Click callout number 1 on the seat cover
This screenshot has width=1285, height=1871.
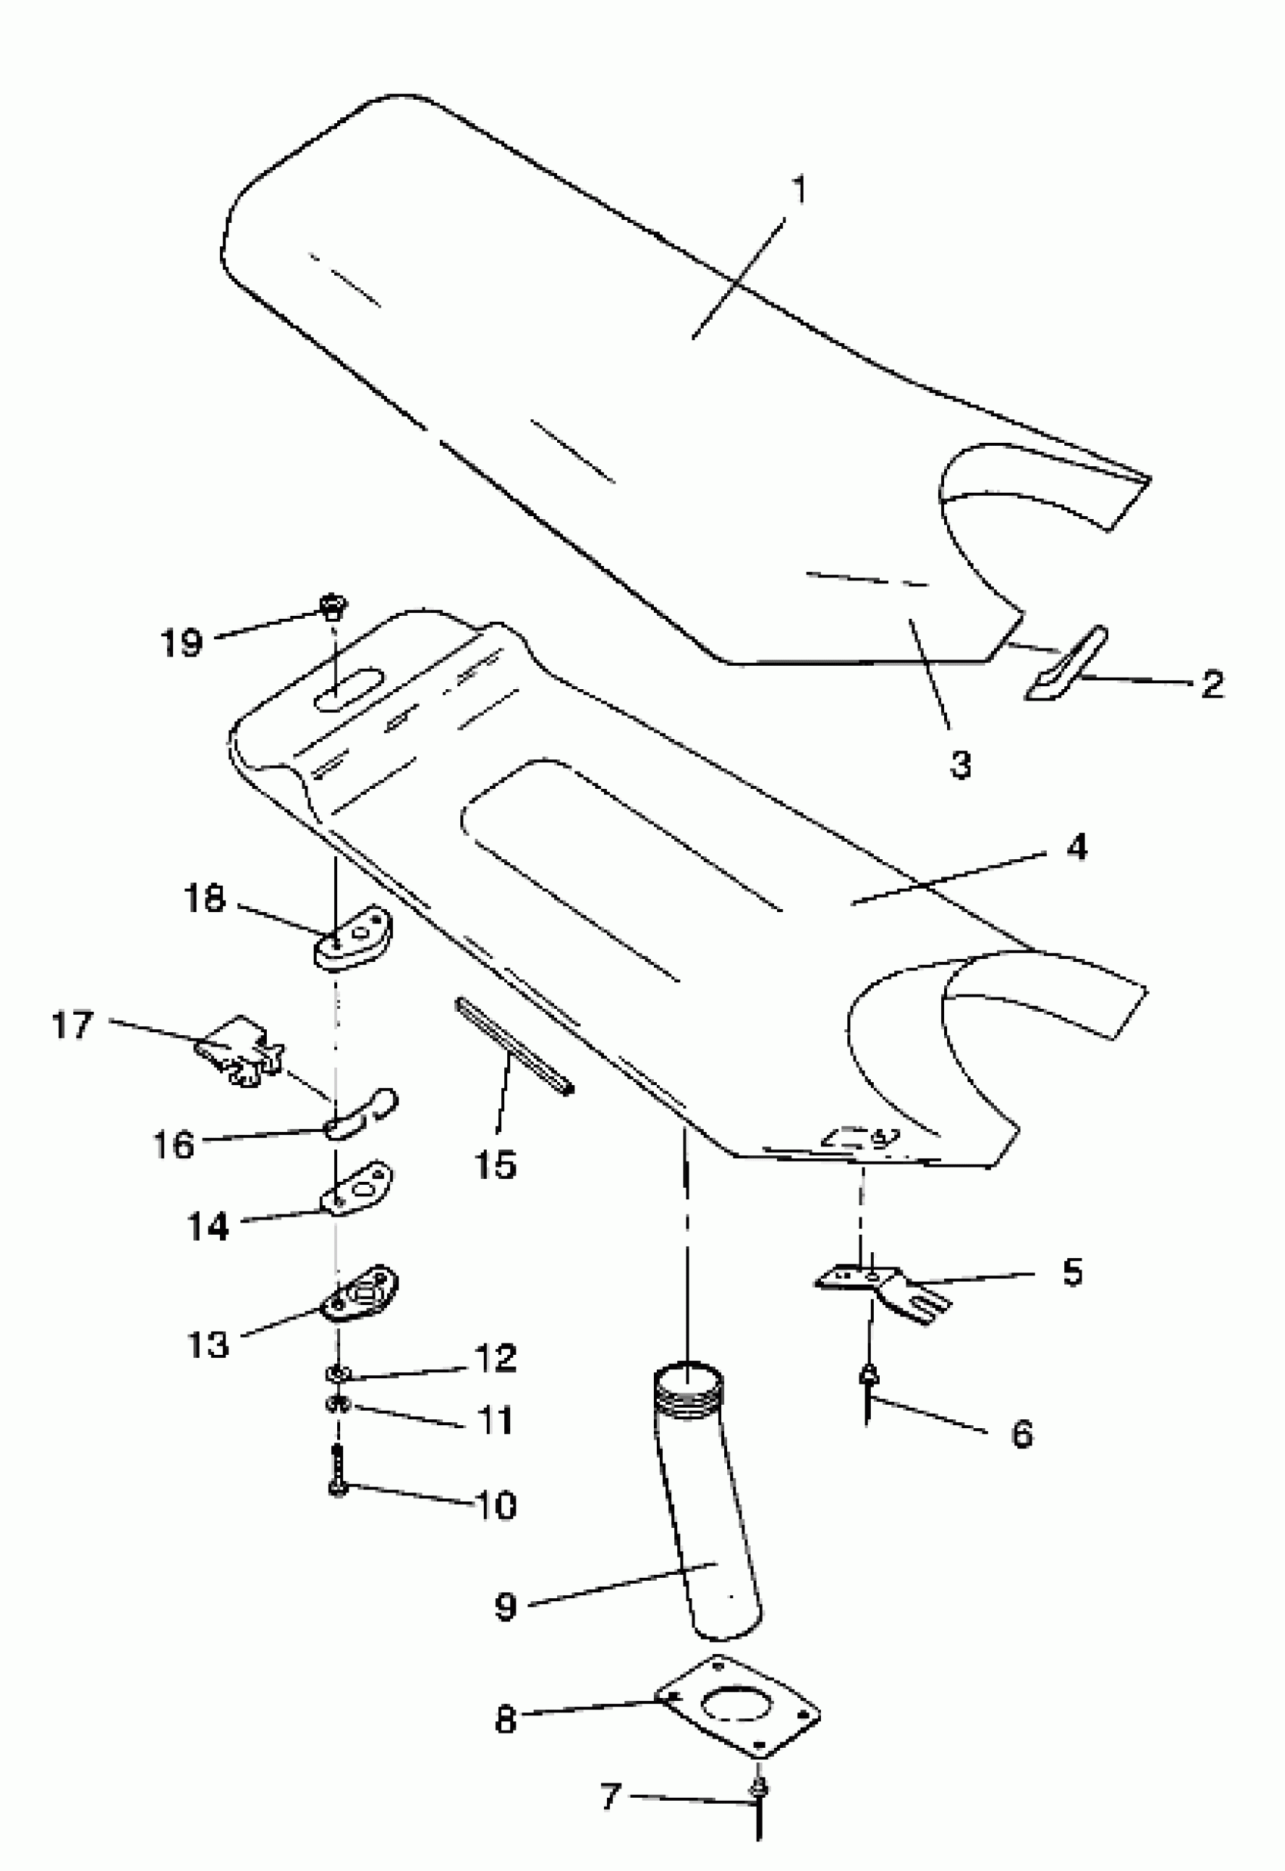[x=798, y=192]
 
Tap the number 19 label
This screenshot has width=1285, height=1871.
[x=182, y=642]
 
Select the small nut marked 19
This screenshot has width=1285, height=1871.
[x=330, y=604]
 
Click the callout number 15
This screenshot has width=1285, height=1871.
[x=495, y=1164]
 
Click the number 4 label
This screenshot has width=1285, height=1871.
[x=1076, y=848]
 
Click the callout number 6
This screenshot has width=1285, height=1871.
[x=1022, y=1433]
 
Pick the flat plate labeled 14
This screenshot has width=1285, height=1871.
[x=357, y=1186]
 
